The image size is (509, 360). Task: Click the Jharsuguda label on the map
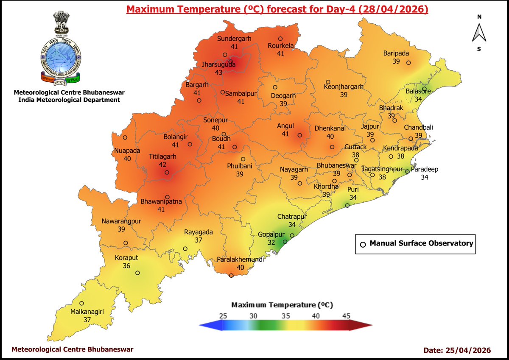click(x=219, y=65)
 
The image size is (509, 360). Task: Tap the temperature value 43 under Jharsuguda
click(x=219, y=73)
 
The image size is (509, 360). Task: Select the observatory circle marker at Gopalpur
click(x=285, y=242)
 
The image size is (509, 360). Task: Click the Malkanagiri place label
click(x=87, y=312)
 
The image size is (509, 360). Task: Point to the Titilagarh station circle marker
click(x=167, y=173)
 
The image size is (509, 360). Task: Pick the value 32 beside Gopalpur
click(x=271, y=243)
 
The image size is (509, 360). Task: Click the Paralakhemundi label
click(x=240, y=260)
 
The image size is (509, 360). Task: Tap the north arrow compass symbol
click(x=479, y=33)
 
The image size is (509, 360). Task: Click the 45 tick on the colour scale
click(x=346, y=316)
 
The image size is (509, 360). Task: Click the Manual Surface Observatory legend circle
click(x=363, y=244)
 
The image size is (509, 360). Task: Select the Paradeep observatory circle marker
click(x=407, y=172)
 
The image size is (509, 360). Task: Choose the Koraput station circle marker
click(x=137, y=273)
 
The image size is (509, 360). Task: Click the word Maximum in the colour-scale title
click(x=247, y=305)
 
